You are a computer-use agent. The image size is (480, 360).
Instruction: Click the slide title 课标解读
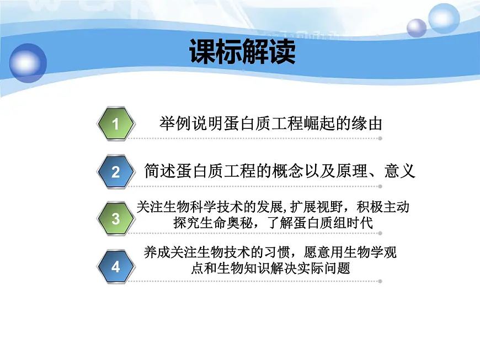click(242, 52)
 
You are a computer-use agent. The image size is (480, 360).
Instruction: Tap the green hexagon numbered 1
click(116, 124)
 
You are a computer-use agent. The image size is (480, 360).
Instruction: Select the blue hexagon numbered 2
click(116, 171)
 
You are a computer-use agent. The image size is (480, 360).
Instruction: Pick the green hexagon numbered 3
click(116, 218)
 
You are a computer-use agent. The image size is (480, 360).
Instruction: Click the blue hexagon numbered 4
click(116, 267)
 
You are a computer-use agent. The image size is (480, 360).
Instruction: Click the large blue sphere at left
click(28, 62)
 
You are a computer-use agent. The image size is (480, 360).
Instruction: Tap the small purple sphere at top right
click(417, 28)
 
